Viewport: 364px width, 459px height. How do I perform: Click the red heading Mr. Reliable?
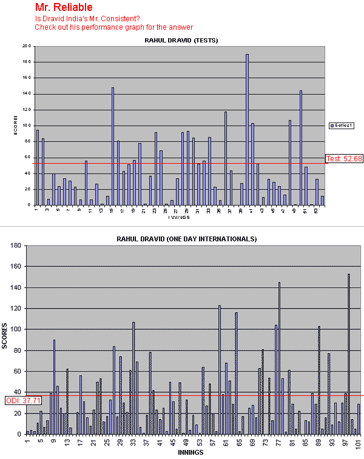click(x=64, y=8)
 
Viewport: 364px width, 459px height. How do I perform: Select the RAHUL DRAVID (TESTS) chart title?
click(x=181, y=40)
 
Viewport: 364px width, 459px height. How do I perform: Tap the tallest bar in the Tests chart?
click(x=248, y=129)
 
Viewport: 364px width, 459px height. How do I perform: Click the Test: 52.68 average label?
click(x=344, y=158)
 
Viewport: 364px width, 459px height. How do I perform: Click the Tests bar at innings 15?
click(x=113, y=146)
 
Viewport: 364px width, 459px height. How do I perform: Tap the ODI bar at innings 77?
click(x=279, y=358)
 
